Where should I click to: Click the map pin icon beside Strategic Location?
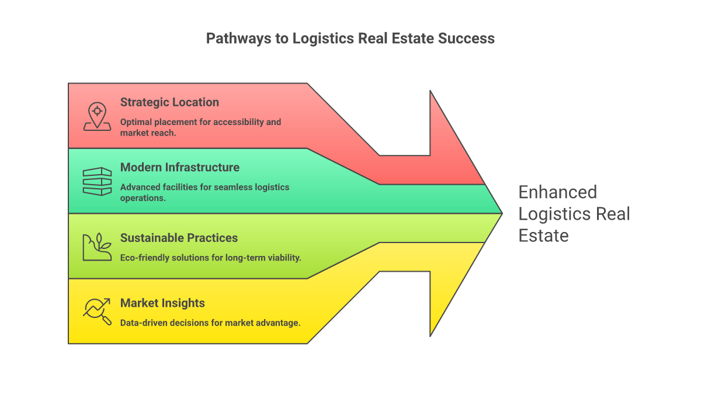[x=97, y=116]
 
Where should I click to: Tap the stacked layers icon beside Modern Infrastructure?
[x=97, y=181]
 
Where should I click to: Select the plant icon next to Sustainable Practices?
[x=97, y=247]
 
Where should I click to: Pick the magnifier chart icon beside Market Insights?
[x=97, y=311]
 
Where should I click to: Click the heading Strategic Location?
[x=169, y=102]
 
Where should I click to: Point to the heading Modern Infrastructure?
[x=179, y=168]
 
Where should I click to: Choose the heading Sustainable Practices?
[x=179, y=238]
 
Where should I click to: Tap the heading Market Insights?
[x=162, y=303]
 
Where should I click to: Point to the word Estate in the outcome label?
[x=543, y=235]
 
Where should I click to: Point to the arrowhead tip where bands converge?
[x=501, y=213]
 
